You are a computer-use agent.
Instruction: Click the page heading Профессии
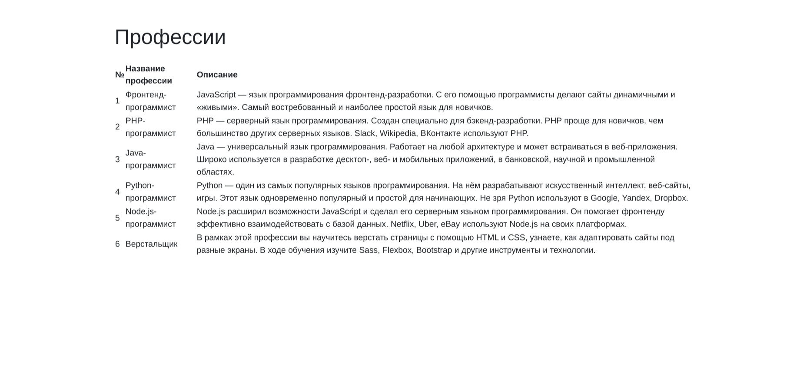pos(170,37)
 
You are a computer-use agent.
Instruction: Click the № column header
pos(120,75)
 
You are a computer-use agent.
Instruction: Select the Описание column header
pos(217,75)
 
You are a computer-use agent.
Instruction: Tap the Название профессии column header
pos(149,75)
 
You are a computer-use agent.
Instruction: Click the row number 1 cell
pos(117,101)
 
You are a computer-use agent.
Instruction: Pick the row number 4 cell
pos(117,192)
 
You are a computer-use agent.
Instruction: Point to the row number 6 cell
pos(117,244)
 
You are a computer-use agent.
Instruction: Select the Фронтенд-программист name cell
pos(150,101)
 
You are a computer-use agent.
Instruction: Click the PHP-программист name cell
pos(150,127)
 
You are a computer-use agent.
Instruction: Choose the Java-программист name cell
pos(150,159)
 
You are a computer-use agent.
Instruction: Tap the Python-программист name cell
pos(150,192)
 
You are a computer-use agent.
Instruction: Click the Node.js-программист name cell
pos(150,218)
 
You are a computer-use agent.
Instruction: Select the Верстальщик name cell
pos(151,244)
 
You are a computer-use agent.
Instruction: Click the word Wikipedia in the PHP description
pos(398,133)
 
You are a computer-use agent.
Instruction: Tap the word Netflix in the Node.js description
pos(402,224)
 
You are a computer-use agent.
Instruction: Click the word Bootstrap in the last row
pos(434,250)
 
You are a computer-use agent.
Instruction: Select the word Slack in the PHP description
pos(365,133)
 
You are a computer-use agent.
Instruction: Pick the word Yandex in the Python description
pos(636,198)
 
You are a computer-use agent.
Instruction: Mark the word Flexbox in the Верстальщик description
pos(397,250)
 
